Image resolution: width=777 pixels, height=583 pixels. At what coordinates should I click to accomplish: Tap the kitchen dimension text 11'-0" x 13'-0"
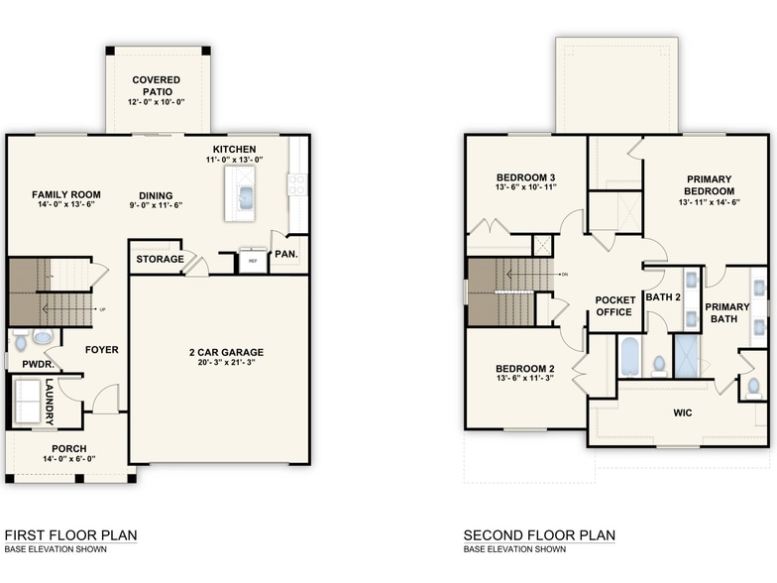[235, 160]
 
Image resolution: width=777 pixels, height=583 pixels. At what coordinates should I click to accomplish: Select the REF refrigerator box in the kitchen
[253, 260]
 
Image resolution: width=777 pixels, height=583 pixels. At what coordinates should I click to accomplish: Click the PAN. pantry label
[287, 254]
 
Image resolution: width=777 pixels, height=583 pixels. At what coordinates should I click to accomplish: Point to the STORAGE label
[160, 260]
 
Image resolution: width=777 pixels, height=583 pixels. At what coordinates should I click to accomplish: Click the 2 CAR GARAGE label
[220, 352]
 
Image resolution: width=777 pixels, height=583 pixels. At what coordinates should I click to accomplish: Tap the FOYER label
[101, 349]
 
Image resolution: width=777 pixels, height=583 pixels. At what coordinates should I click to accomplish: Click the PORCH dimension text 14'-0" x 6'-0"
[68, 459]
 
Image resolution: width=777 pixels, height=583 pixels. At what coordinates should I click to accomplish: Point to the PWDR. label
[23, 364]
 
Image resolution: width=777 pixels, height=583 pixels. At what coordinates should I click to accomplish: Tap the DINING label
[156, 194]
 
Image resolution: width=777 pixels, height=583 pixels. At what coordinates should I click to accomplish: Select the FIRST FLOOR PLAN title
[70, 535]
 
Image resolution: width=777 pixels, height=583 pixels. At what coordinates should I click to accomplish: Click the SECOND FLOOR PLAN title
[539, 535]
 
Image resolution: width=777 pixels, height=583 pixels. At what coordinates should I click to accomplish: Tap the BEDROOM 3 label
[526, 177]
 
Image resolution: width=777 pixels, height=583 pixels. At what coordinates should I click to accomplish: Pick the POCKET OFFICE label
[613, 306]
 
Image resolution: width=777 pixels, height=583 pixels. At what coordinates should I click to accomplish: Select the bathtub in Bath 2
[630, 357]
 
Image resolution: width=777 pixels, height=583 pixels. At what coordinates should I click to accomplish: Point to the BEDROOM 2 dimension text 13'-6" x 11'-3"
[526, 378]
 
